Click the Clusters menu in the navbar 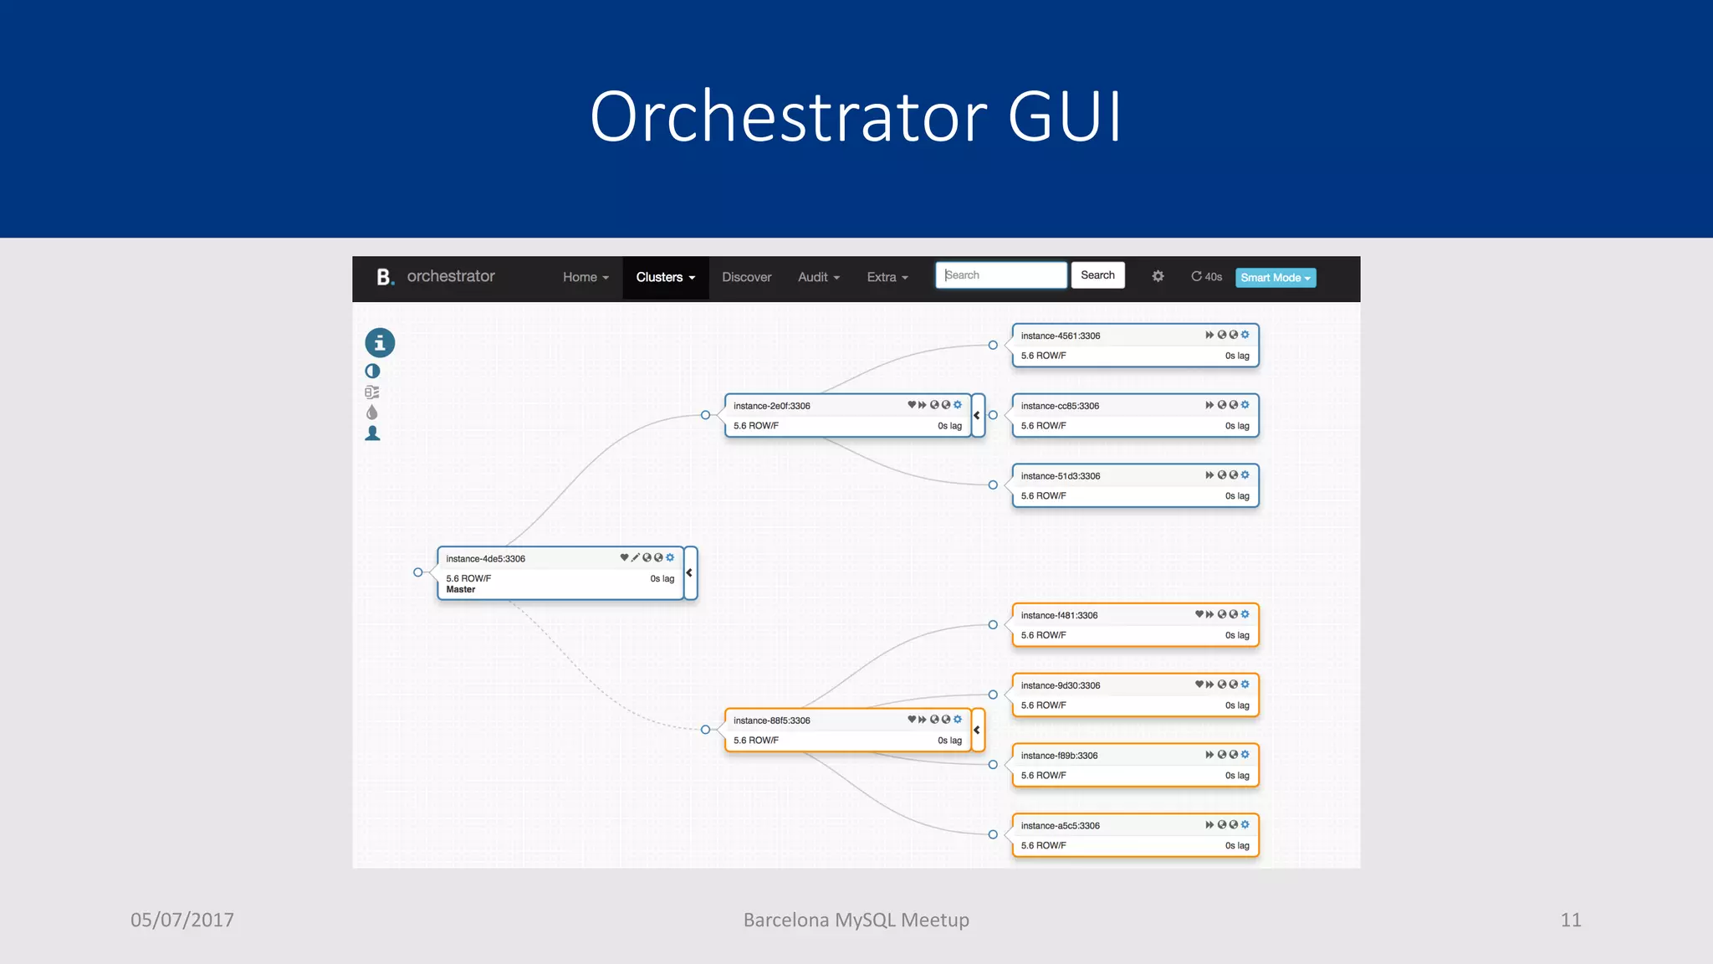click(665, 277)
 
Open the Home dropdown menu click(585, 277)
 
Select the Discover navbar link click(746, 277)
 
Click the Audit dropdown click(818, 277)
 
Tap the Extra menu click(887, 277)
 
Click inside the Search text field click(1000, 275)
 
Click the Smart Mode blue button click(1275, 278)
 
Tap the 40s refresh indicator click(1206, 277)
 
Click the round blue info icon click(380, 342)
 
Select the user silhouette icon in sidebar click(373, 433)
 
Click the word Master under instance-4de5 click(461, 590)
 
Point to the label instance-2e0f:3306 click(771, 406)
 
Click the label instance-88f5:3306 click(771, 720)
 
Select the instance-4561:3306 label click(1060, 336)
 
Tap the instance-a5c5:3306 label click(1060, 826)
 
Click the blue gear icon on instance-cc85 click(1245, 405)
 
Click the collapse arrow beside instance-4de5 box click(690, 573)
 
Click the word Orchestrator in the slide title click(788, 117)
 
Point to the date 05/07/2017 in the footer click(182, 920)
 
